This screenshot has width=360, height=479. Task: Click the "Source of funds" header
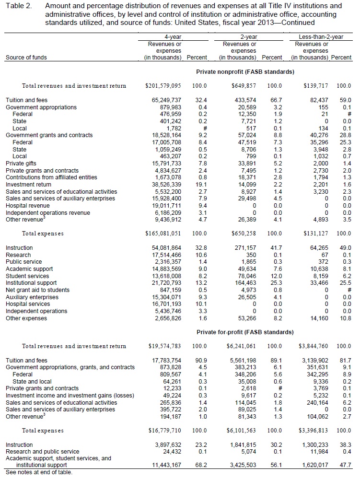(x=25, y=58)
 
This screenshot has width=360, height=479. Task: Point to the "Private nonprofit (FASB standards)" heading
(x=245, y=71)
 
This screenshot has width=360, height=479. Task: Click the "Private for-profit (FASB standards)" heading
(x=245, y=332)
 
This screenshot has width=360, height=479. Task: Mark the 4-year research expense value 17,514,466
(x=165, y=255)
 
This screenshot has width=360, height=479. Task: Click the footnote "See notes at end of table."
(x=39, y=472)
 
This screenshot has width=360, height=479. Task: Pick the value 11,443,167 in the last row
(x=165, y=465)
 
